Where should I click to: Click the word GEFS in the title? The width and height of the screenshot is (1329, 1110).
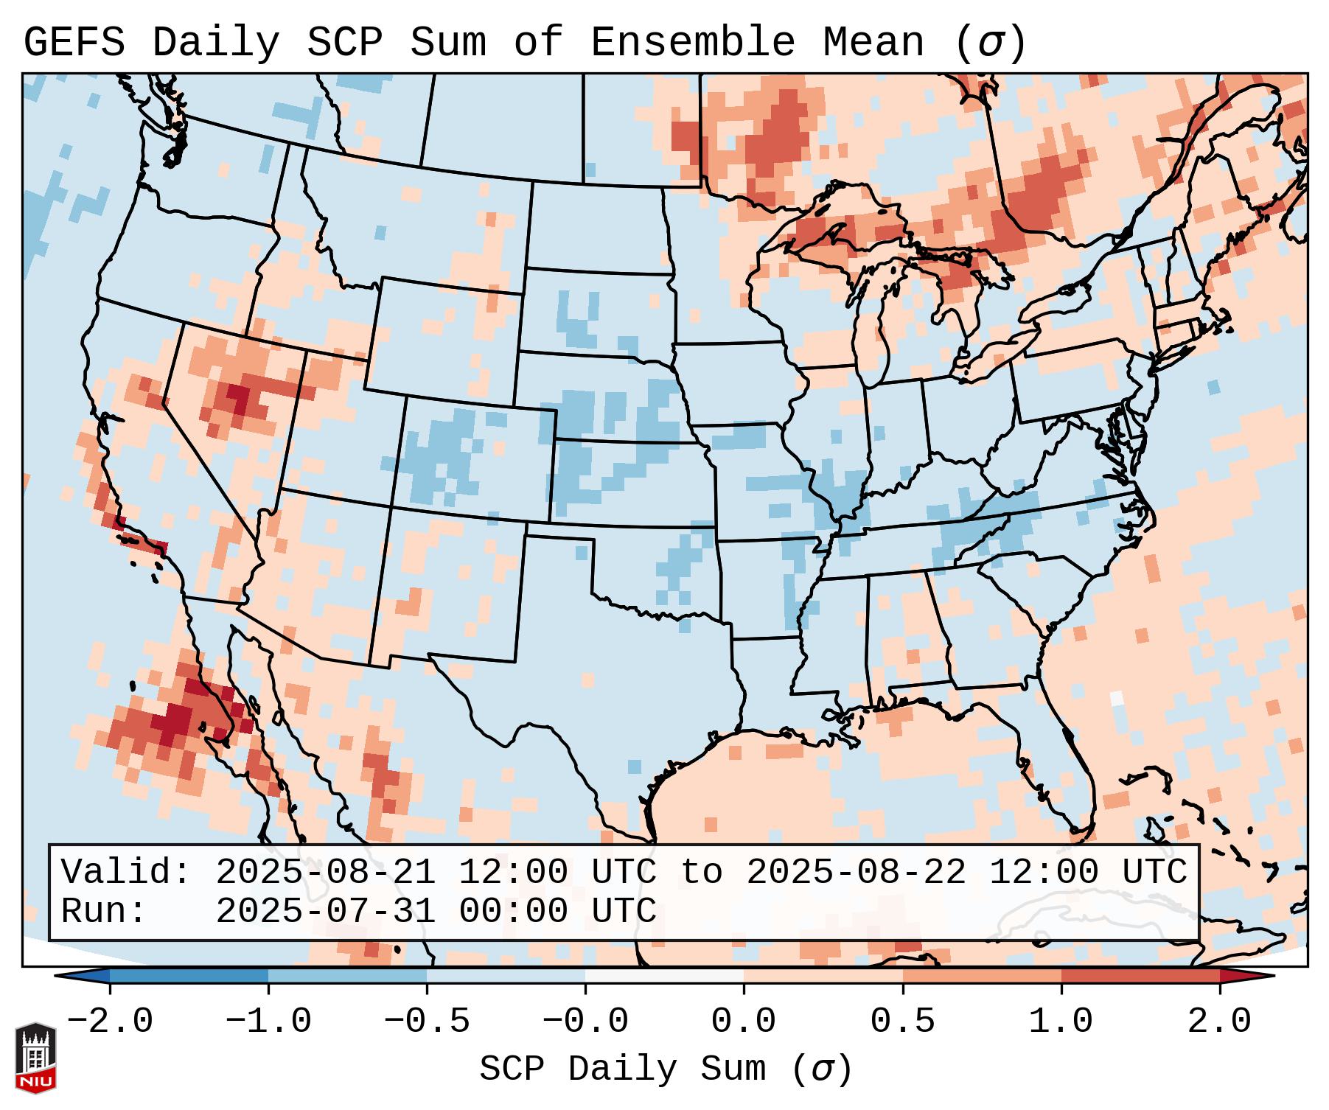74,43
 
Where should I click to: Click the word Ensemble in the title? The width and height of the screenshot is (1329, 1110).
692,43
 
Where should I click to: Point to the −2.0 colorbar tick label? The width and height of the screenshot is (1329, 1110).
110,1022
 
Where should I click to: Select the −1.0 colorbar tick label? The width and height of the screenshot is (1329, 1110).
268,1022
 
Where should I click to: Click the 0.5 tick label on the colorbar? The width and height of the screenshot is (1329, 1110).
902,1022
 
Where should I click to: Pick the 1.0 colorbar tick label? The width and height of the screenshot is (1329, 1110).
1061,1022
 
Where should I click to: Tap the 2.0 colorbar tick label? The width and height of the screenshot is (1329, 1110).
1219,1022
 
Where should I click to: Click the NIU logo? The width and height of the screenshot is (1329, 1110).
35,1058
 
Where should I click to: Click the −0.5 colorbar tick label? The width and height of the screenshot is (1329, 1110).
427,1022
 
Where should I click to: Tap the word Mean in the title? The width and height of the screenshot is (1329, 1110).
873,43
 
